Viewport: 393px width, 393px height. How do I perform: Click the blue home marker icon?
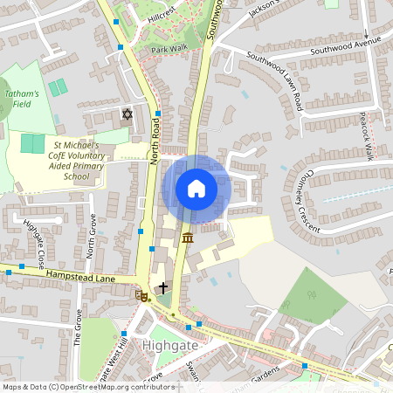coord(196,189)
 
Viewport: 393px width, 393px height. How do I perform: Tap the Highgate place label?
coord(171,345)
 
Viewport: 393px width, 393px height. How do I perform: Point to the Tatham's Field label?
coord(22,99)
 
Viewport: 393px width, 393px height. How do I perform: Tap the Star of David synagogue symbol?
coord(127,114)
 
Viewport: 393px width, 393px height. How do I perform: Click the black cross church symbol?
coord(162,286)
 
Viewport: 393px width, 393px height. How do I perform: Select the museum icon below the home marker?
coord(188,238)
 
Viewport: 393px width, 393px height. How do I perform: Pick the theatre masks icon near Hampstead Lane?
coord(141,296)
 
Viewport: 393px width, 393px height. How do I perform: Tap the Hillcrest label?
coord(162,17)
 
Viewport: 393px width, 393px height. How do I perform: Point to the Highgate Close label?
coord(34,242)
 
